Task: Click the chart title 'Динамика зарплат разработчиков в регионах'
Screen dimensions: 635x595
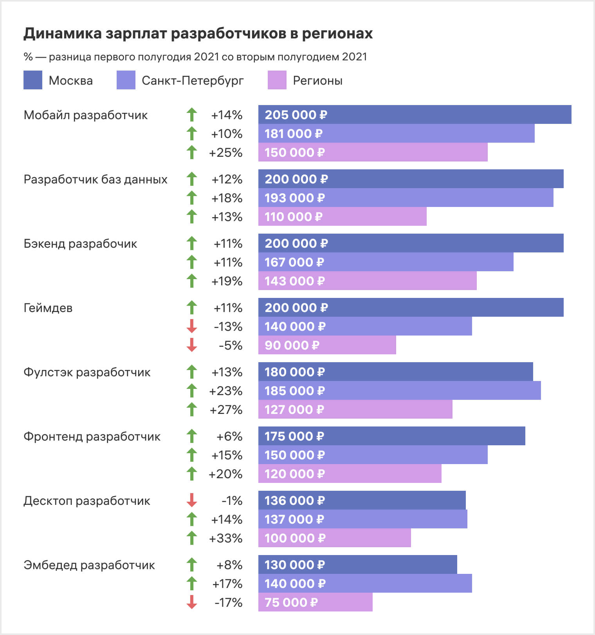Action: pyautogui.click(x=198, y=34)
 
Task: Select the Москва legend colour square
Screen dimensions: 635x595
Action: pyautogui.click(x=33, y=80)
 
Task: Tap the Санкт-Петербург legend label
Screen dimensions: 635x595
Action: pyautogui.click(x=192, y=81)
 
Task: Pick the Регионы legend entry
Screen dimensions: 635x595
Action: pyautogui.click(x=317, y=81)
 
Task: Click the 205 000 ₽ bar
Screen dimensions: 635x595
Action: pyautogui.click(x=415, y=114)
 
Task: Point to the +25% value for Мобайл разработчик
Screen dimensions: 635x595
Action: pyautogui.click(x=226, y=152)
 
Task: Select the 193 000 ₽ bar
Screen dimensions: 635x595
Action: pyautogui.click(x=406, y=198)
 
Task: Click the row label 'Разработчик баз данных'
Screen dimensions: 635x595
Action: pyautogui.click(x=96, y=180)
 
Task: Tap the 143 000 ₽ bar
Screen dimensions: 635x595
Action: pyautogui.click(x=367, y=281)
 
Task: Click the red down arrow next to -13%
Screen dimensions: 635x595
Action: pyautogui.click(x=192, y=326)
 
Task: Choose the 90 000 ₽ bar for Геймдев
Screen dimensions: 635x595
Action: pyautogui.click(x=327, y=345)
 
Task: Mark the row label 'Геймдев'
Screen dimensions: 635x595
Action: pyautogui.click(x=48, y=308)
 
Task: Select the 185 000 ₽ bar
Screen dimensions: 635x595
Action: pyautogui.click(x=399, y=390)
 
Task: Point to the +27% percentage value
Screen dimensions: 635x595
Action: pyautogui.click(x=226, y=410)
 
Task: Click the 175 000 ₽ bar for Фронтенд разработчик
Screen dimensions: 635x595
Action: pyautogui.click(x=391, y=436)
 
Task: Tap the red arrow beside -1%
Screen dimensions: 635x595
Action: pyautogui.click(x=192, y=500)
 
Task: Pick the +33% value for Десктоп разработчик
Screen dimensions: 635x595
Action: pyautogui.click(x=226, y=538)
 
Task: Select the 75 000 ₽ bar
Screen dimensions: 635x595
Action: pyautogui.click(x=315, y=602)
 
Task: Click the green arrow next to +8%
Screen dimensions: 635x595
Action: pyautogui.click(x=192, y=564)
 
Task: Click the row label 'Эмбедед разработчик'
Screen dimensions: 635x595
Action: pyautogui.click(x=89, y=565)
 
